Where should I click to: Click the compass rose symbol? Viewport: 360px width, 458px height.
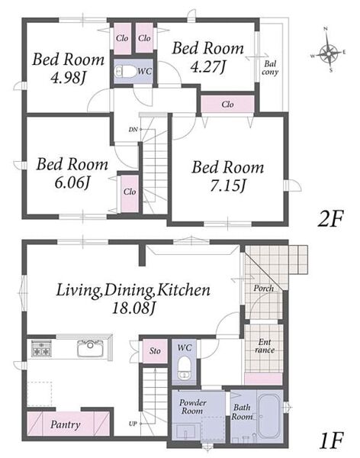coord(328,53)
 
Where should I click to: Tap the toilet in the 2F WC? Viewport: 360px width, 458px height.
coord(126,71)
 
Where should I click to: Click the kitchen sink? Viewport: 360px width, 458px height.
coord(90,348)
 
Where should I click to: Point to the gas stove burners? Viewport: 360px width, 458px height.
coord(41,349)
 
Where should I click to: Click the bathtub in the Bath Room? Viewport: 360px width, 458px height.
coord(270,415)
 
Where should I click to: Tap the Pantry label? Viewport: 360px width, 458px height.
coord(65,424)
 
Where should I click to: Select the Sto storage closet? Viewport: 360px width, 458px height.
coord(155,350)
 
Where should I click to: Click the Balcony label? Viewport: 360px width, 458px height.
coord(270,68)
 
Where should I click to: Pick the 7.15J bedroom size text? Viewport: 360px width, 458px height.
coord(227,185)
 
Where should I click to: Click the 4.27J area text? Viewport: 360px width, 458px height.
coord(208,66)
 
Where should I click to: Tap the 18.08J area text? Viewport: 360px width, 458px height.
coord(133,308)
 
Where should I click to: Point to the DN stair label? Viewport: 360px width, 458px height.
coord(133,130)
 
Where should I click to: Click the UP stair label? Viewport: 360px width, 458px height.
coord(133,423)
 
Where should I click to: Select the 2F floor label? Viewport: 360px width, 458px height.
coord(330,219)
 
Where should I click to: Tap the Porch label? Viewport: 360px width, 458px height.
coord(263,289)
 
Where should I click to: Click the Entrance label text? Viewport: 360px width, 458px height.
coord(265,346)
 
